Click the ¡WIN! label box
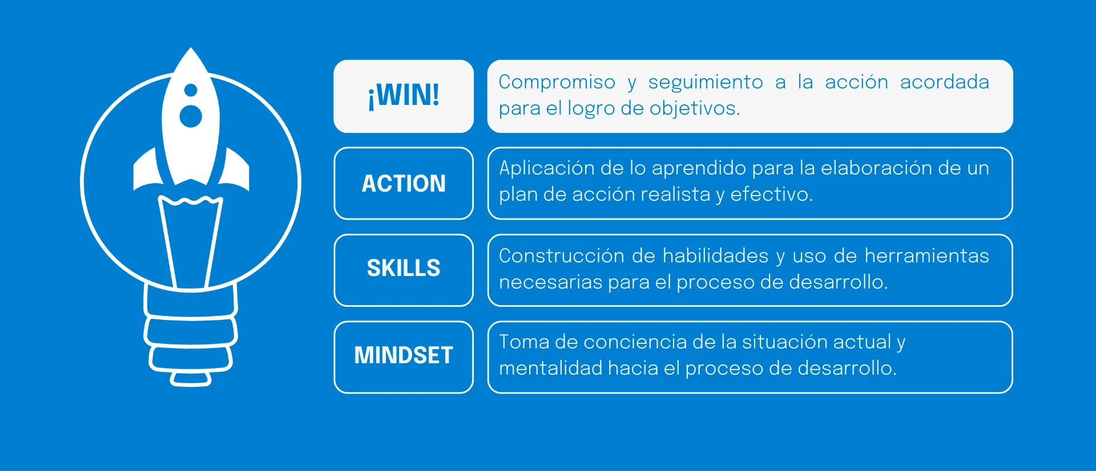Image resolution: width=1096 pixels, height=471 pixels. (x=404, y=96)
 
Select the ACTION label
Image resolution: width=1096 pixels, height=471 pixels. (x=404, y=184)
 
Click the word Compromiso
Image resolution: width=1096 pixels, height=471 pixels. (x=557, y=83)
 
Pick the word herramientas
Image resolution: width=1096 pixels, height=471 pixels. (x=926, y=255)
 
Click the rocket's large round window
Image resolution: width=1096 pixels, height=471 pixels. (x=191, y=116)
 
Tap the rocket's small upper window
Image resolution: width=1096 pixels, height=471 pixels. (x=191, y=90)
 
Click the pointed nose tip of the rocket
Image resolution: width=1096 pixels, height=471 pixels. (x=191, y=48)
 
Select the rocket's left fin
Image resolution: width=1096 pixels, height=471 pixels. (x=146, y=169)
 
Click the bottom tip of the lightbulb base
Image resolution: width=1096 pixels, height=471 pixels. (x=191, y=385)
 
